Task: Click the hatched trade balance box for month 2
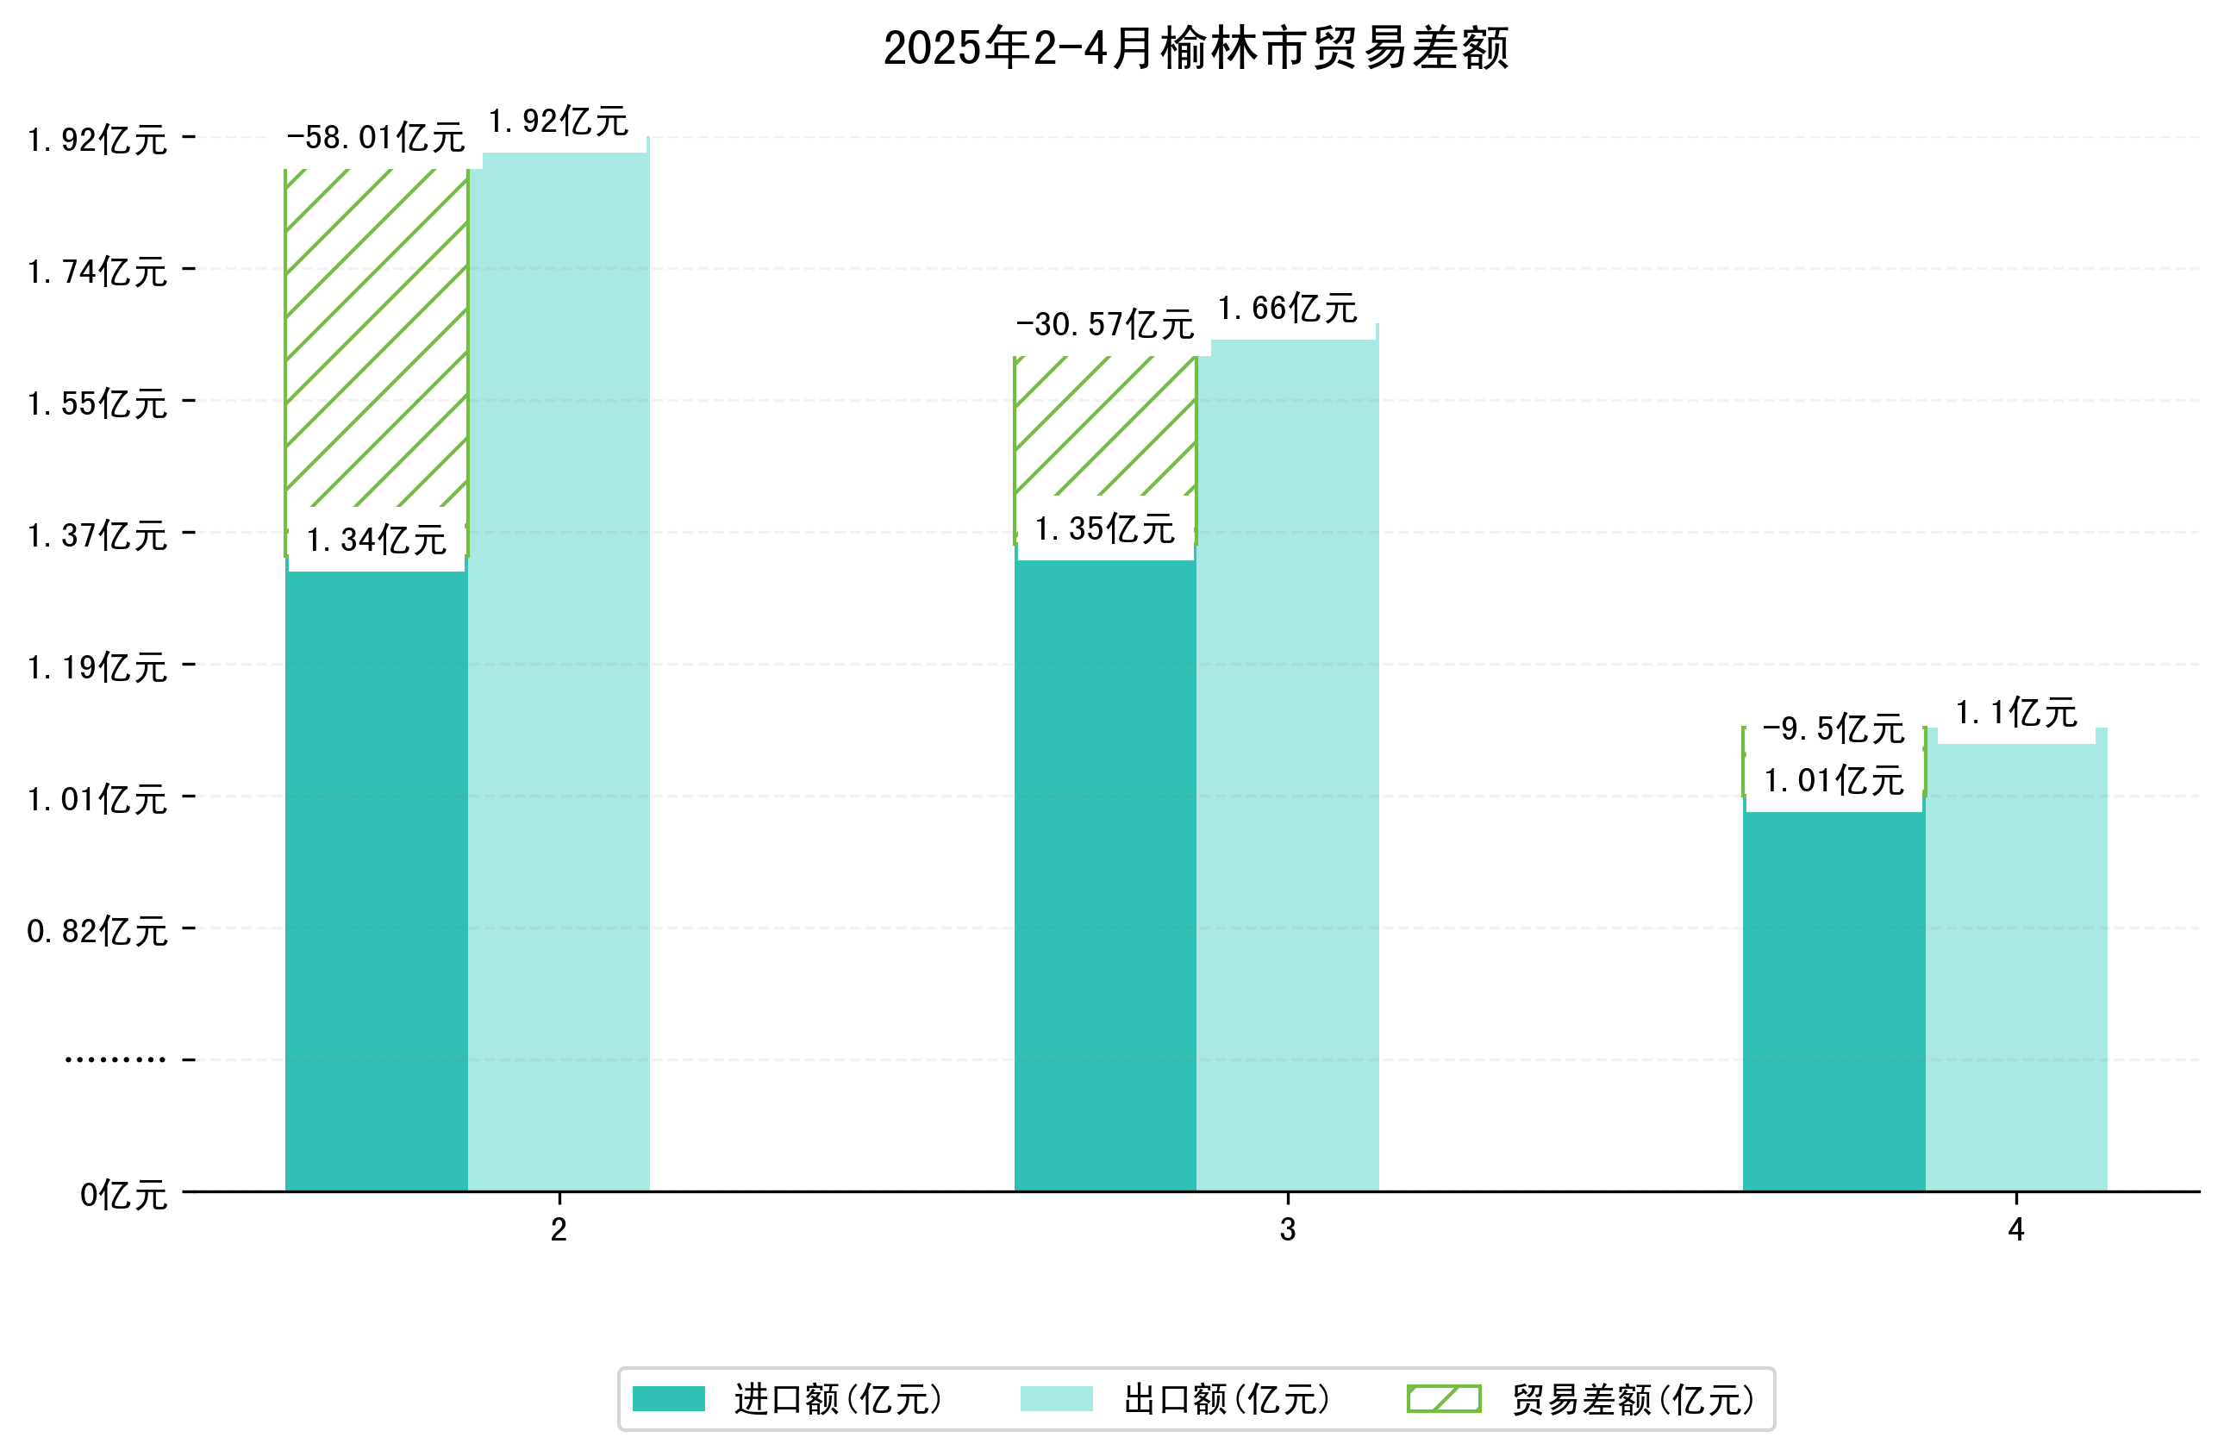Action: click(376, 336)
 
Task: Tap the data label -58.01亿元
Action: click(376, 138)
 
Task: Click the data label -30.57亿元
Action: click(1104, 325)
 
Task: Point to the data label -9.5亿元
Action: click(1833, 729)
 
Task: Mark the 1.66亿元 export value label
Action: click(1287, 309)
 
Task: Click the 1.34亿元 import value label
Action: click(376, 541)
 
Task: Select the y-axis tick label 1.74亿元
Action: click(97, 272)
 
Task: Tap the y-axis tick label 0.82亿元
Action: click(97, 932)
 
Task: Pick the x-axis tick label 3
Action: click(1287, 1230)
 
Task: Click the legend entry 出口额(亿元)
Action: click(1175, 1399)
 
